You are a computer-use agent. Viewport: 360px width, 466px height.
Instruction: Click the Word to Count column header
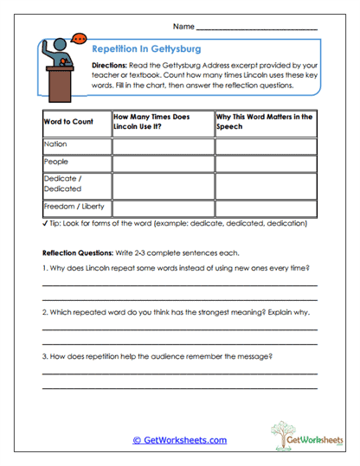click(x=68, y=122)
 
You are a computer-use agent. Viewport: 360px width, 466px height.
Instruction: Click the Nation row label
click(x=55, y=144)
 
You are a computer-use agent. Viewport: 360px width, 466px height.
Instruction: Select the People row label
click(x=56, y=162)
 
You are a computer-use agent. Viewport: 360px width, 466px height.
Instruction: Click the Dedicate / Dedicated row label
click(x=63, y=182)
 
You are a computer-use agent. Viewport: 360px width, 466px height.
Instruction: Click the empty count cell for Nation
click(x=163, y=145)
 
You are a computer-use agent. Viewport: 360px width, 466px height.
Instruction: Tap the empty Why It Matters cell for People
click(x=266, y=163)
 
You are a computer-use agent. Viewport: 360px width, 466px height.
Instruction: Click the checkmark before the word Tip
click(x=45, y=223)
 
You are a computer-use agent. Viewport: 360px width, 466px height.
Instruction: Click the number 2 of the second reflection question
click(x=44, y=311)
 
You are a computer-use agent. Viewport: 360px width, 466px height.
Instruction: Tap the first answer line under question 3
click(x=179, y=373)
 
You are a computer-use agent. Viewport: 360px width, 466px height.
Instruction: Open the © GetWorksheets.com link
click(x=179, y=440)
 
